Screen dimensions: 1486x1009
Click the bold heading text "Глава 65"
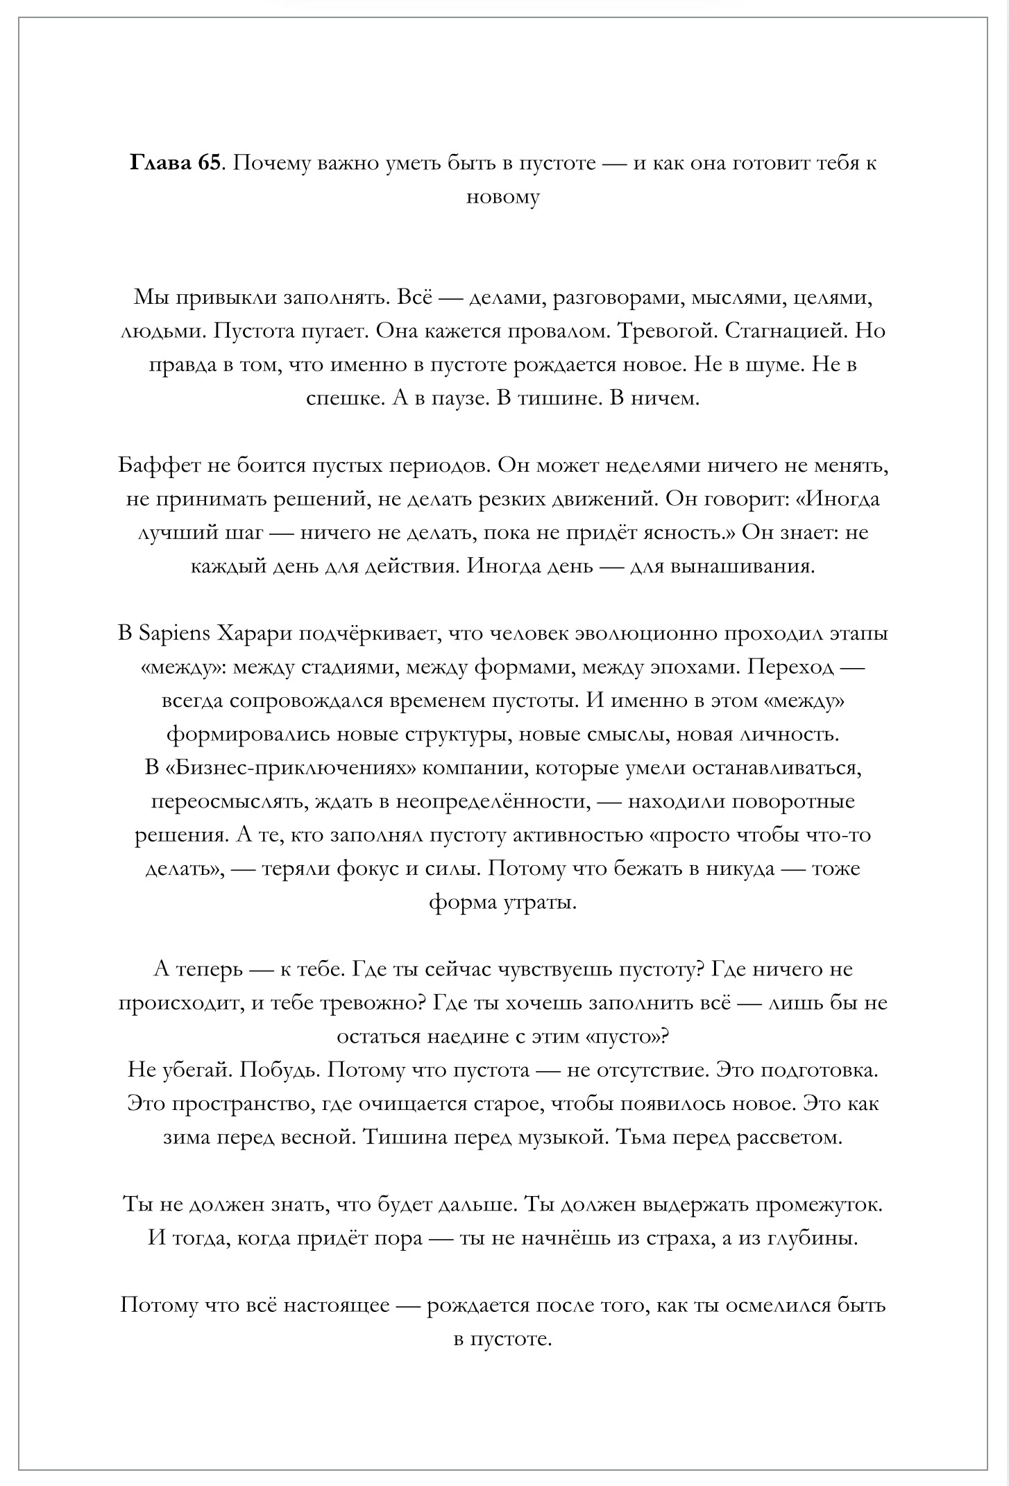click(x=175, y=163)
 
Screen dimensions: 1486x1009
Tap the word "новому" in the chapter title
click(x=502, y=197)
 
